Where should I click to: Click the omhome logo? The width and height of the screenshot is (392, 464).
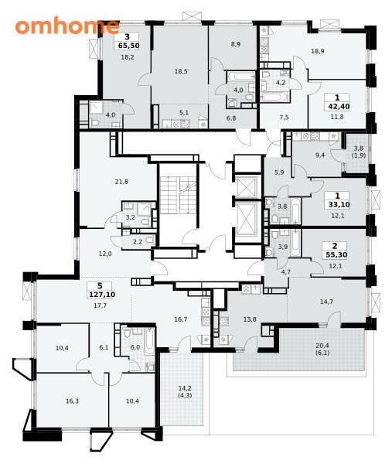(67, 26)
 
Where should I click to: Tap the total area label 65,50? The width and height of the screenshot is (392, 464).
(128, 46)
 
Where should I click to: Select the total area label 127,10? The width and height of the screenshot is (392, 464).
(102, 295)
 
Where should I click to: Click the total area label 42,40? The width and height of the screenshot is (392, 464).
(339, 106)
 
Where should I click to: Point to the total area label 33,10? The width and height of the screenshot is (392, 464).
(339, 204)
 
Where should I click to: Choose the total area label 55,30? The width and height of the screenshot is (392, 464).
(336, 254)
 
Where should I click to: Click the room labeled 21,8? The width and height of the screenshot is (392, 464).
(121, 182)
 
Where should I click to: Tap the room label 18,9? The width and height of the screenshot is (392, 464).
(318, 51)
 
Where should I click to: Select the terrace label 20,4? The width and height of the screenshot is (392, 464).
(322, 346)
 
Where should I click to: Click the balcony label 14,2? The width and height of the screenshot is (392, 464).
(185, 388)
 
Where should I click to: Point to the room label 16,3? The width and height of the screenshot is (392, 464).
(72, 401)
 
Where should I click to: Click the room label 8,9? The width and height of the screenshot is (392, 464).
(236, 44)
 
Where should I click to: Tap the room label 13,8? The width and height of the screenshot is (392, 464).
(250, 319)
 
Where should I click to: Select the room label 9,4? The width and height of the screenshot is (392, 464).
(320, 155)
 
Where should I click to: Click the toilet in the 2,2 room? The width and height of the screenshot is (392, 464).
(148, 240)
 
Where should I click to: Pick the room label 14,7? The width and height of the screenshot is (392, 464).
(326, 302)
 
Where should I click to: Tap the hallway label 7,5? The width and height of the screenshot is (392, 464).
(284, 118)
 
